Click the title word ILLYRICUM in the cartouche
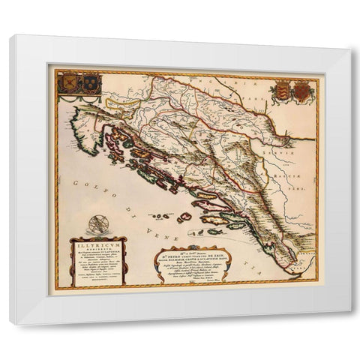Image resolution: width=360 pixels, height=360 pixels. tap(98, 243)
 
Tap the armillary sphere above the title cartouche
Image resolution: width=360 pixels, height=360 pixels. tap(97, 224)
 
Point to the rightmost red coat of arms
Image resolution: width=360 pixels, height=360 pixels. tap(301, 91)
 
